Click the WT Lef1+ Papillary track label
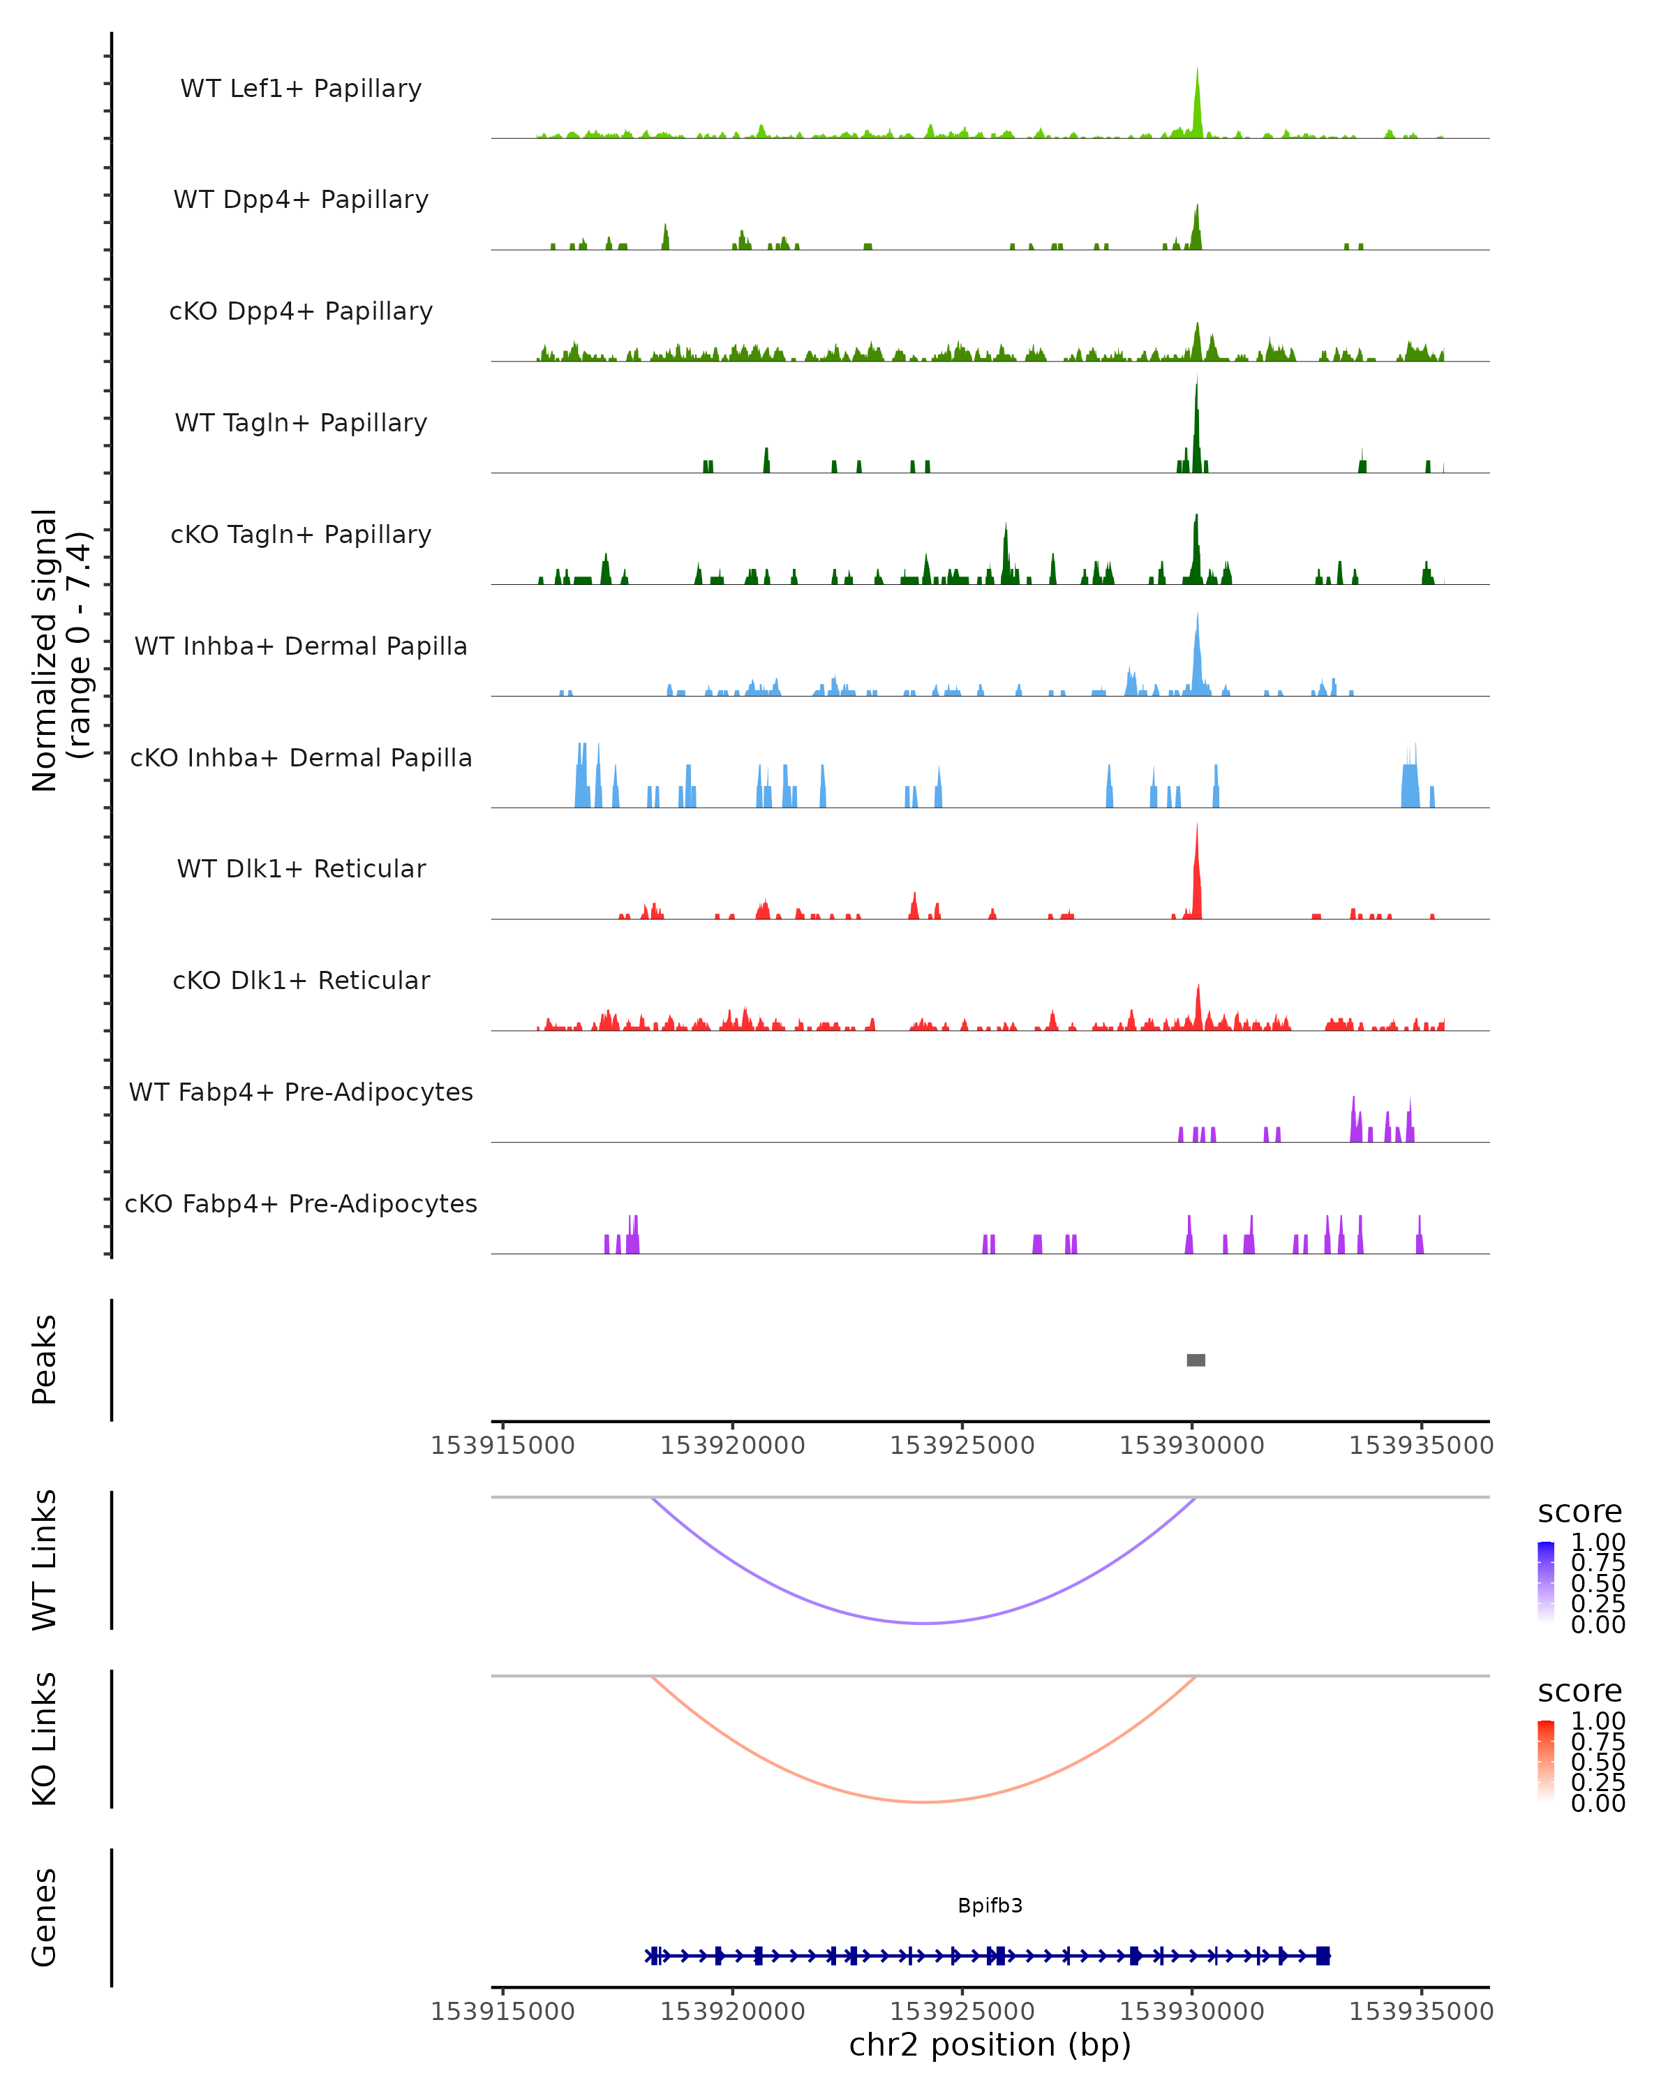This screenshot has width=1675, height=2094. pos(301,89)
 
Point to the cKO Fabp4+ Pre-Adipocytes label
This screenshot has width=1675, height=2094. pos(301,1203)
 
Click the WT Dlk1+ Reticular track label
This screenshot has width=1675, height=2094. pos(301,868)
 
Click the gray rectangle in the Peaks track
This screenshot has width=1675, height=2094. pos(1196,1360)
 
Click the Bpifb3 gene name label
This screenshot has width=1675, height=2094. pos(990,1906)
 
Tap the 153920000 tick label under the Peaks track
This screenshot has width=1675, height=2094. pos(732,1446)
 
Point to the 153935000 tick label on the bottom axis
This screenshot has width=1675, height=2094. pos(1420,2012)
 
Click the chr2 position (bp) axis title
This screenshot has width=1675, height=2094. pos(990,2044)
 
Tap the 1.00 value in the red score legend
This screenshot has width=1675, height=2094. pos(1598,1721)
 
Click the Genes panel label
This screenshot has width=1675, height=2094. pos(45,1917)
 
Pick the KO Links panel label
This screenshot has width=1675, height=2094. pos(45,1739)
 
